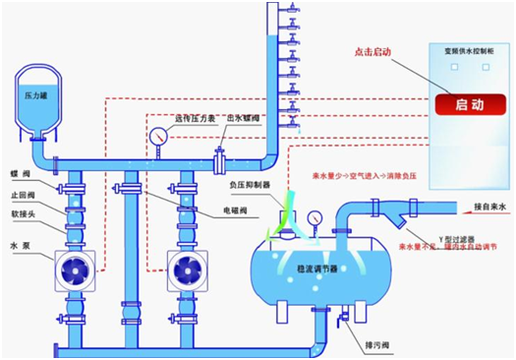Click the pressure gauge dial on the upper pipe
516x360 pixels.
tap(157, 137)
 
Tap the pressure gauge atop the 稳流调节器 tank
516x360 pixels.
tap(314, 217)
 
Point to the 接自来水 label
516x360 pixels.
tap(483, 208)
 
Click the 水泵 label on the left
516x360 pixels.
tap(19, 234)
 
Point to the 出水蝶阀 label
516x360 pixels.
tap(241, 118)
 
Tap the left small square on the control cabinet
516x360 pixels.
tap(453, 67)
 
